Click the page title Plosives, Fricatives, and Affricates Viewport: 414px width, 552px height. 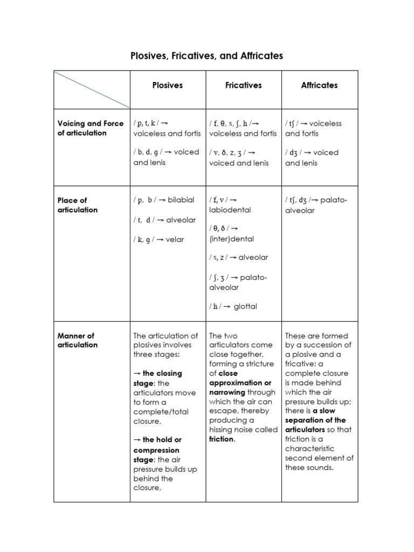click(x=206, y=56)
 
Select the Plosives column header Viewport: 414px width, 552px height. click(x=167, y=85)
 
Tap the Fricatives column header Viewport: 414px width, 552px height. click(x=243, y=85)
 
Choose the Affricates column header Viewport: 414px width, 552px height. click(x=319, y=85)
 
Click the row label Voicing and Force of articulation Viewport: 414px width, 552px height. click(x=91, y=128)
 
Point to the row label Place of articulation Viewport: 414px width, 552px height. click(x=77, y=205)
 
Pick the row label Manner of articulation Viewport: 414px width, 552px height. click(x=77, y=340)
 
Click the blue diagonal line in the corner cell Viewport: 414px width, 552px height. click(x=92, y=89)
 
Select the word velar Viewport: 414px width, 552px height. click(x=175, y=239)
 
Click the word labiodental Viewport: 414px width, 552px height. click(x=230, y=210)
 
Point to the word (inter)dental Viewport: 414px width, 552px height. click(x=231, y=239)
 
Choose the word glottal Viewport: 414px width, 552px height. click(x=245, y=306)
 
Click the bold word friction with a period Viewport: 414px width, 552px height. click(x=222, y=439)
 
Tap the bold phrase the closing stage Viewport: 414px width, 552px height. click(x=157, y=378)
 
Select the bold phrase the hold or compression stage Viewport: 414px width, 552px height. click(x=156, y=450)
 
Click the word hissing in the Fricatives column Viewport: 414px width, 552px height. click(x=222, y=430)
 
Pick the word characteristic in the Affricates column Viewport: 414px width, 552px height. click(x=309, y=448)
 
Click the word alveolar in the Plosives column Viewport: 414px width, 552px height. click(x=182, y=220)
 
